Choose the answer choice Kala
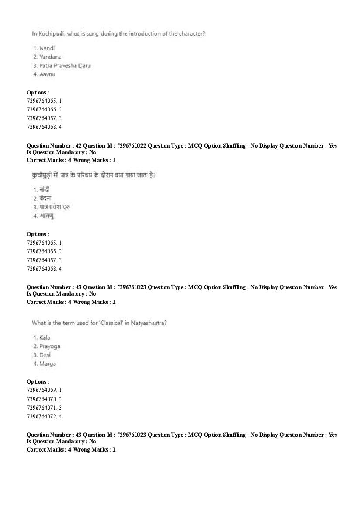point(44,337)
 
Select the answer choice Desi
point(44,355)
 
